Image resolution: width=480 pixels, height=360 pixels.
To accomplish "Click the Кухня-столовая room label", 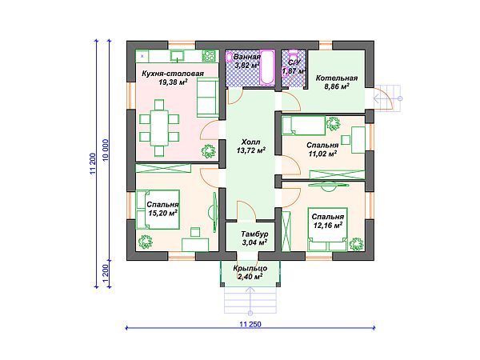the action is click(173, 74).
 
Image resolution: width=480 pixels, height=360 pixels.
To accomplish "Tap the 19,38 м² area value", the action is click(173, 82).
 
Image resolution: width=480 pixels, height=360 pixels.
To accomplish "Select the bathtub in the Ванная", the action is click(267, 67).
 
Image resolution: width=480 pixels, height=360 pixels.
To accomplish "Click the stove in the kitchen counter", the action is click(210, 56).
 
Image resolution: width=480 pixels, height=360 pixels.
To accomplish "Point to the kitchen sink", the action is click(178, 56).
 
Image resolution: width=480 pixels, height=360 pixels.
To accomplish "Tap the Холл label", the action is click(250, 142).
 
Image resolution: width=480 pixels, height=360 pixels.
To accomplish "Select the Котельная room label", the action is click(337, 78).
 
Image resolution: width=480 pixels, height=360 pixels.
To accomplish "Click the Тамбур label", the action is click(254, 234).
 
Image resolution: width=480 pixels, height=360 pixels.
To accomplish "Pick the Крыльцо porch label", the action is click(250, 269).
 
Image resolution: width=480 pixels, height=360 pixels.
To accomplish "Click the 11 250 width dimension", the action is click(250, 324).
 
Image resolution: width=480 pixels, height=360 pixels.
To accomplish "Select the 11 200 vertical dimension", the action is click(93, 163).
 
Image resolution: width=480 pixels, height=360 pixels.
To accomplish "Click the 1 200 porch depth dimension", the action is click(106, 274).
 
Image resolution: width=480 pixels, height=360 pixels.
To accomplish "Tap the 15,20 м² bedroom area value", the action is click(163, 213).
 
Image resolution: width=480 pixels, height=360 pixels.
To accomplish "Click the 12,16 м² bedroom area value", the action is click(327, 226).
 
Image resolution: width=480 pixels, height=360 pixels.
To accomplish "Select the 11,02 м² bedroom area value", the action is click(322, 154).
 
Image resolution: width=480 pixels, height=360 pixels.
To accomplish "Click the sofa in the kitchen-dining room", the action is click(208, 98).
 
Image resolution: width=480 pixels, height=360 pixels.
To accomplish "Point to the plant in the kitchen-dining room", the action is click(208, 151).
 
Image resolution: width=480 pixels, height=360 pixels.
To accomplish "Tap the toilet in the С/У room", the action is click(294, 54).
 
